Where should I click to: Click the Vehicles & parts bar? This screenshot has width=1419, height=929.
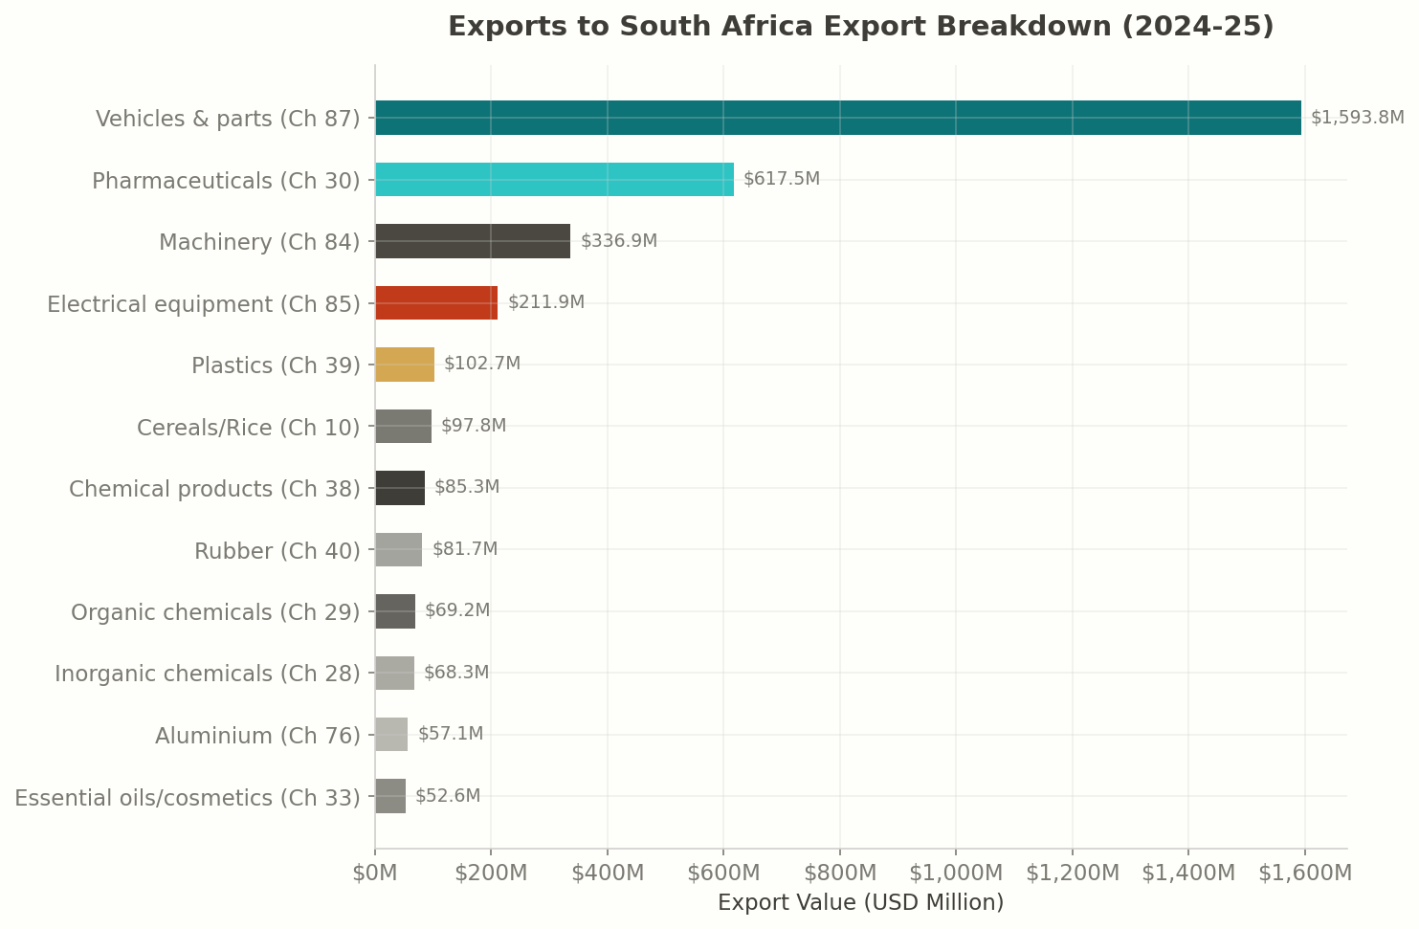pos(837,118)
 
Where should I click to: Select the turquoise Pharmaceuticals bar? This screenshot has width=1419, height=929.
pos(554,180)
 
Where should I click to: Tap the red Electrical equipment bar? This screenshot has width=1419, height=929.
pos(436,303)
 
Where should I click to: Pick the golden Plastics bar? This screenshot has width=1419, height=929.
pos(405,365)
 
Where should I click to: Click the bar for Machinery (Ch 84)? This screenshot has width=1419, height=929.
pos(473,241)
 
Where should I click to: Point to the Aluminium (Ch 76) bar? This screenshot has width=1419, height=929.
pos(391,735)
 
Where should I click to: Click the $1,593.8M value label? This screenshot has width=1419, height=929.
pos(1357,118)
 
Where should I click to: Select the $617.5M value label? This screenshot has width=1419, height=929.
pos(781,179)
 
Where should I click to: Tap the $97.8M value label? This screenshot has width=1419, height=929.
pos(474,426)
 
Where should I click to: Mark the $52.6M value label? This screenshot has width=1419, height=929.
pos(448,796)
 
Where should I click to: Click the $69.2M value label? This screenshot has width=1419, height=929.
pos(457,610)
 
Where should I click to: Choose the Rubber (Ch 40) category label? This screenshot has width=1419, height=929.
pos(277,551)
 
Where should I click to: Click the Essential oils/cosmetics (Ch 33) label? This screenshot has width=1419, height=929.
pos(188,798)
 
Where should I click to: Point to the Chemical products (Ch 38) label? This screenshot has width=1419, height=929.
pos(214,489)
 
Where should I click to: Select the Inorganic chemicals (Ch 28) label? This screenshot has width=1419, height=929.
pos(208,674)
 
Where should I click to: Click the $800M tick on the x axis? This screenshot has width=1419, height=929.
pos(840,874)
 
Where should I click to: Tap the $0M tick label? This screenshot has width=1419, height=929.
pos(375,874)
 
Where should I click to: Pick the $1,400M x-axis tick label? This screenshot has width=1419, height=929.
pos(1188,874)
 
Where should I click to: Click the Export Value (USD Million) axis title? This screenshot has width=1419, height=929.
pos(860,903)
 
